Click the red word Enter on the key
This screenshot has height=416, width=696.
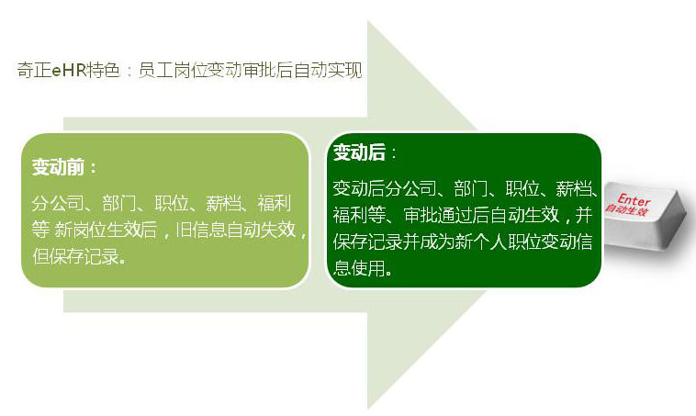tap(633, 200)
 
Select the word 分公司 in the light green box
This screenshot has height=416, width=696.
tap(56, 203)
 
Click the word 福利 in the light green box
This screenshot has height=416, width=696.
tap(274, 203)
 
